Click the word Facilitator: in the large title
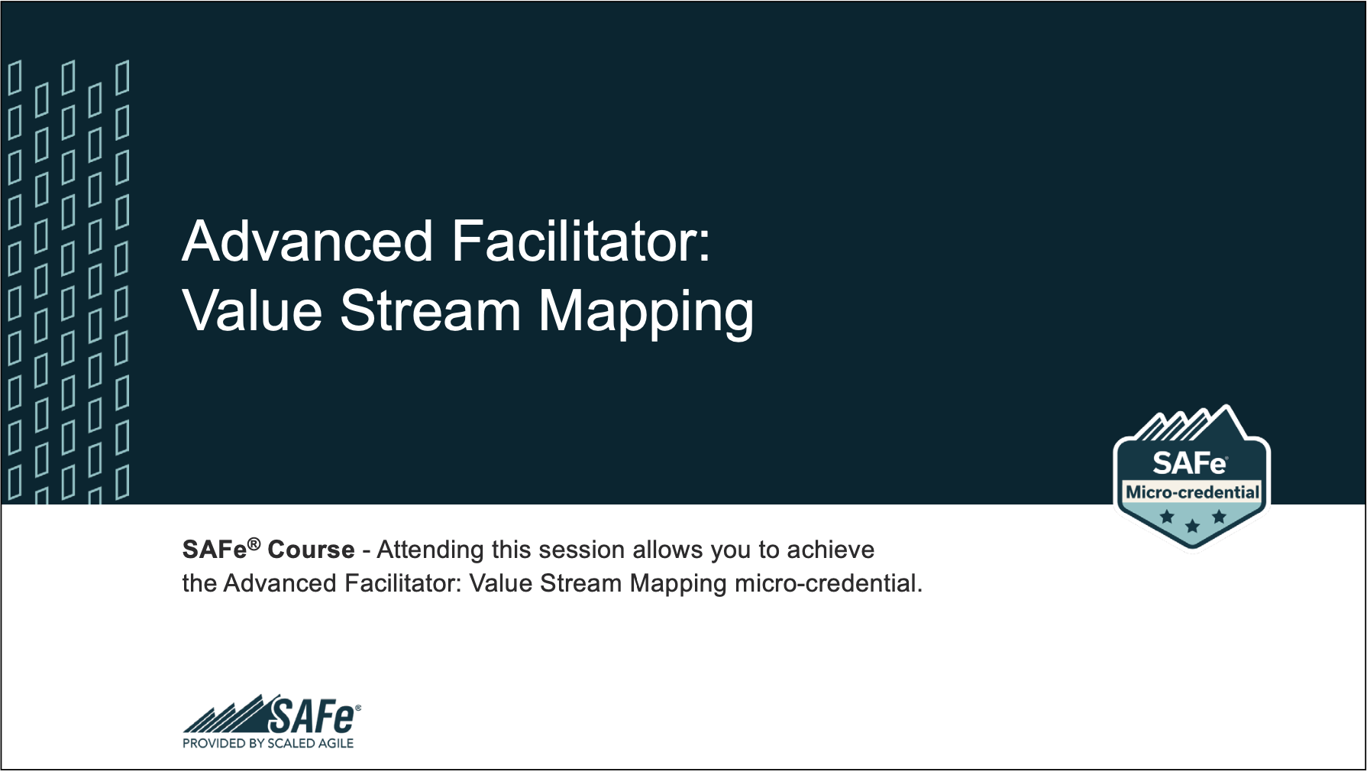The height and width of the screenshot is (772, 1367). click(581, 242)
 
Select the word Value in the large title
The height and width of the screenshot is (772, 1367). click(252, 311)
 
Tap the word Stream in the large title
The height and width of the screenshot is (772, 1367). click(430, 311)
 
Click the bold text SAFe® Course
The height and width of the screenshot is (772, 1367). click(268, 550)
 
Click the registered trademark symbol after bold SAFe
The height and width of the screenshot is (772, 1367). click(254, 543)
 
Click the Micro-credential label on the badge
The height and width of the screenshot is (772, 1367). click(1192, 492)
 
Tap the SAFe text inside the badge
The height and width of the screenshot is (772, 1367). click(1189, 463)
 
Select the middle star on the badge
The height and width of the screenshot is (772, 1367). click(1192, 526)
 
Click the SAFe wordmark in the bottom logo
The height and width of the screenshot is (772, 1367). click(312, 716)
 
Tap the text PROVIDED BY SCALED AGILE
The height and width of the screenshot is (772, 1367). click(268, 743)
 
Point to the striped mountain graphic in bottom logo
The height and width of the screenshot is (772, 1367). click(226, 717)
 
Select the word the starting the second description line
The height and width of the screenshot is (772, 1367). click(199, 583)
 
